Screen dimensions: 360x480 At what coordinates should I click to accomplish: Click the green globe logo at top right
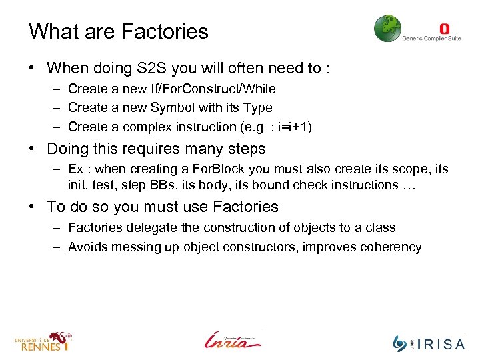tap(387, 29)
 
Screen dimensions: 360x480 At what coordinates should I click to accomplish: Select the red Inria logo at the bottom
tap(233, 339)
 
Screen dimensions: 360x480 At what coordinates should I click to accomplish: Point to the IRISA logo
tap(429, 343)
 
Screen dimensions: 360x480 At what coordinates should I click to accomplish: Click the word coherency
tap(389, 247)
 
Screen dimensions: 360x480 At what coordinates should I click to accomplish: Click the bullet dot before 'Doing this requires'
tap(32, 149)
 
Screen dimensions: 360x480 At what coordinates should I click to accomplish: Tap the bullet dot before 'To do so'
tap(32, 207)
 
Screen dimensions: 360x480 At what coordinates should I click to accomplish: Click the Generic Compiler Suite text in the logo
tap(431, 39)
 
